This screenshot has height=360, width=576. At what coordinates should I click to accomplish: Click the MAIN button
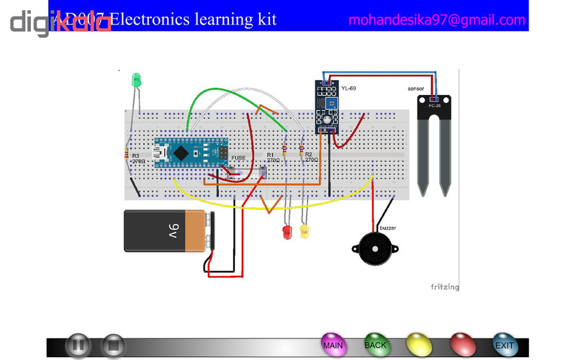pyautogui.click(x=333, y=345)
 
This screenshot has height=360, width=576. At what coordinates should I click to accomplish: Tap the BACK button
pyautogui.click(x=376, y=345)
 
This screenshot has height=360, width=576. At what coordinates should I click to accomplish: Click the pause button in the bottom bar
pyautogui.click(x=78, y=346)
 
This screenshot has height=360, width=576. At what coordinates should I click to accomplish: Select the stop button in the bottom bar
pyautogui.click(x=112, y=346)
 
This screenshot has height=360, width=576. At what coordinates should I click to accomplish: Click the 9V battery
pyautogui.click(x=169, y=230)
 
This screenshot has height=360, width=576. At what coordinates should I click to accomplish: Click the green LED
pyautogui.click(x=135, y=81)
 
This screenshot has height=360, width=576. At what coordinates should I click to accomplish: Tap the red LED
pyautogui.click(x=286, y=232)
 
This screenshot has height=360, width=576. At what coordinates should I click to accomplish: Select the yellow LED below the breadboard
pyautogui.click(x=304, y=232)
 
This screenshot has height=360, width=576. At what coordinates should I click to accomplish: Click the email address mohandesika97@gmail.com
pyautogui.click(x=437, y=20)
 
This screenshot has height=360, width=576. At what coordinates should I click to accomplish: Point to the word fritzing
pyautogui.click(x=445, y=287)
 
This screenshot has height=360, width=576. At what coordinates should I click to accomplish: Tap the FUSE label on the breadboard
pyautogui.click(x=238, y=156)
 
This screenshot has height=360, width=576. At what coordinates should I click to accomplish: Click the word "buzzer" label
pyautogui.click(x=387, y=228)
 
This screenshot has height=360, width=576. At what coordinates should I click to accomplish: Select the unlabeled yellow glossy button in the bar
pyautogui.click(x=418, y=345)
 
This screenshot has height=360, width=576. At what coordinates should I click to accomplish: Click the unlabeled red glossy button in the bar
pyautogui.click(x=462, y=345)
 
